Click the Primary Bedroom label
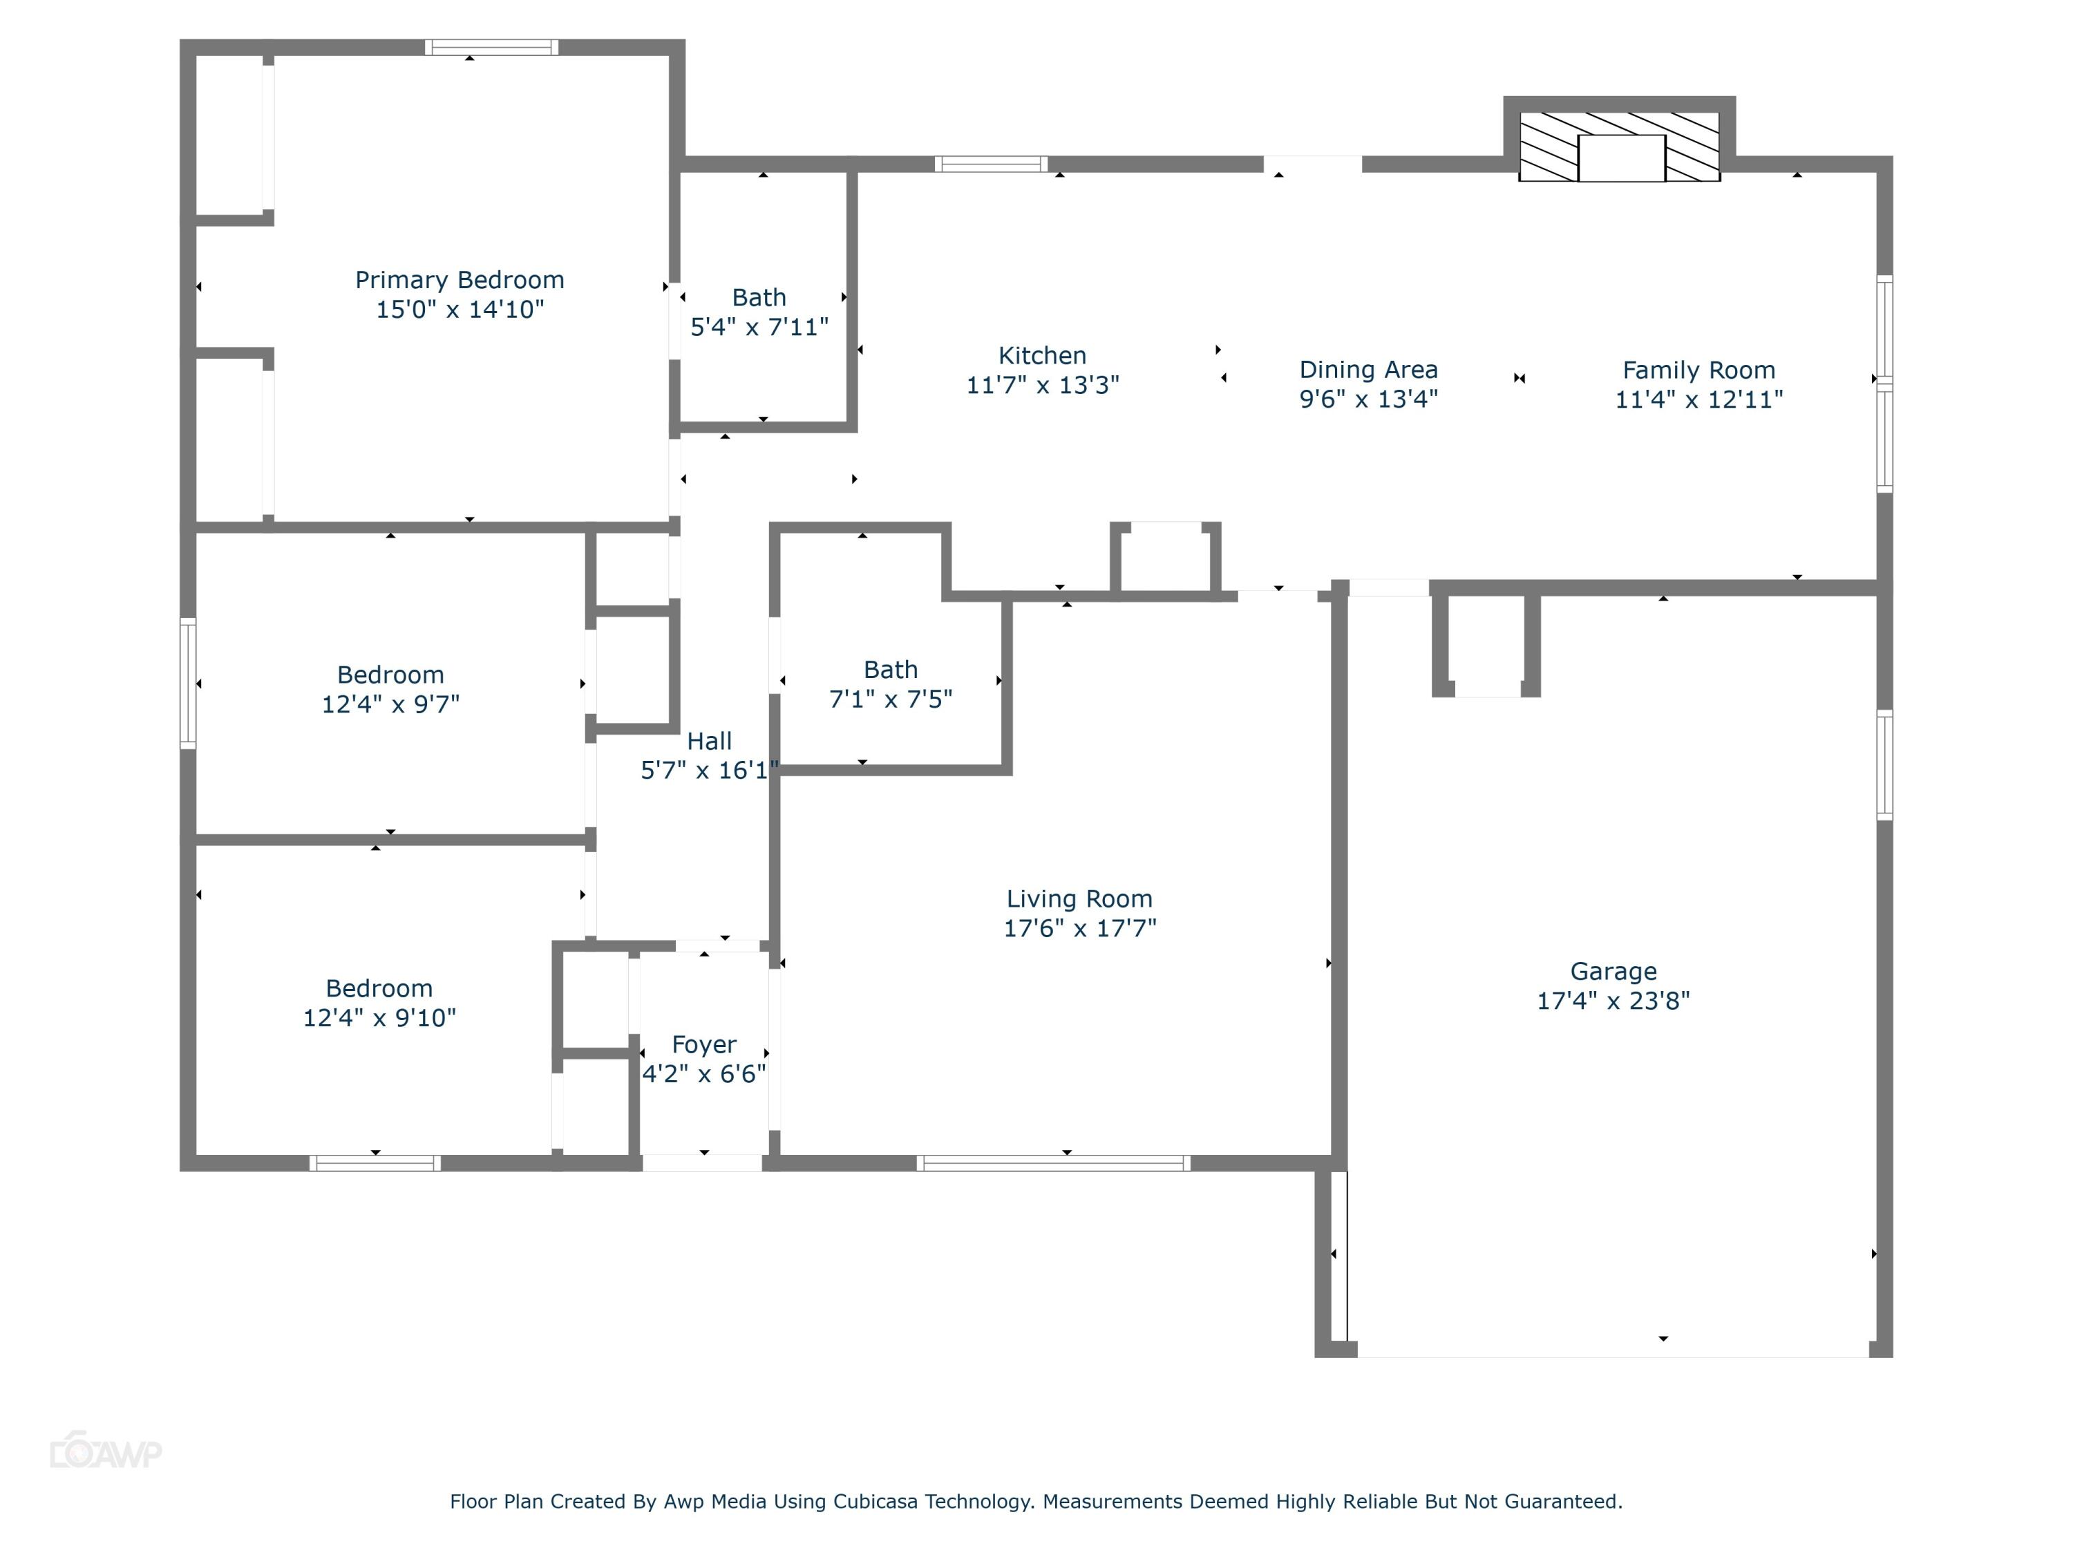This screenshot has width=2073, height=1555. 460,281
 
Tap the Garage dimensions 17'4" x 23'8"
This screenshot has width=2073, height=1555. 1613,1001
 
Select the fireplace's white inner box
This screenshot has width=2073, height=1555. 1621,158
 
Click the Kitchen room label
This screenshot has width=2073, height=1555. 1042,356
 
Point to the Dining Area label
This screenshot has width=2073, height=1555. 1368,370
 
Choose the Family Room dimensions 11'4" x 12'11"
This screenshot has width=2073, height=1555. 1698,399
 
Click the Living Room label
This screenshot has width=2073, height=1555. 1079,899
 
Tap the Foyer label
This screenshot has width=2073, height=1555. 704,1044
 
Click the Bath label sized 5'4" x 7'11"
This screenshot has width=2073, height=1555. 759,298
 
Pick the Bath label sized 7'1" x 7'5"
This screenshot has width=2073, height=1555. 890,670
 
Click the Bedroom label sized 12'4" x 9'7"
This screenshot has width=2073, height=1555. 390,675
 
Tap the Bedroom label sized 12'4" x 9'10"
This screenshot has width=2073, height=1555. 379,989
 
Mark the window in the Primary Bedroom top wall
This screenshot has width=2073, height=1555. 491,48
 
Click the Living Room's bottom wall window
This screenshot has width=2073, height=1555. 1053,1163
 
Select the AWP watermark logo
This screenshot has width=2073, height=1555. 105,1453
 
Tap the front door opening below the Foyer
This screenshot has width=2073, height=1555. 702,1163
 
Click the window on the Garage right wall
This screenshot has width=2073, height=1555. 1884,765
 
